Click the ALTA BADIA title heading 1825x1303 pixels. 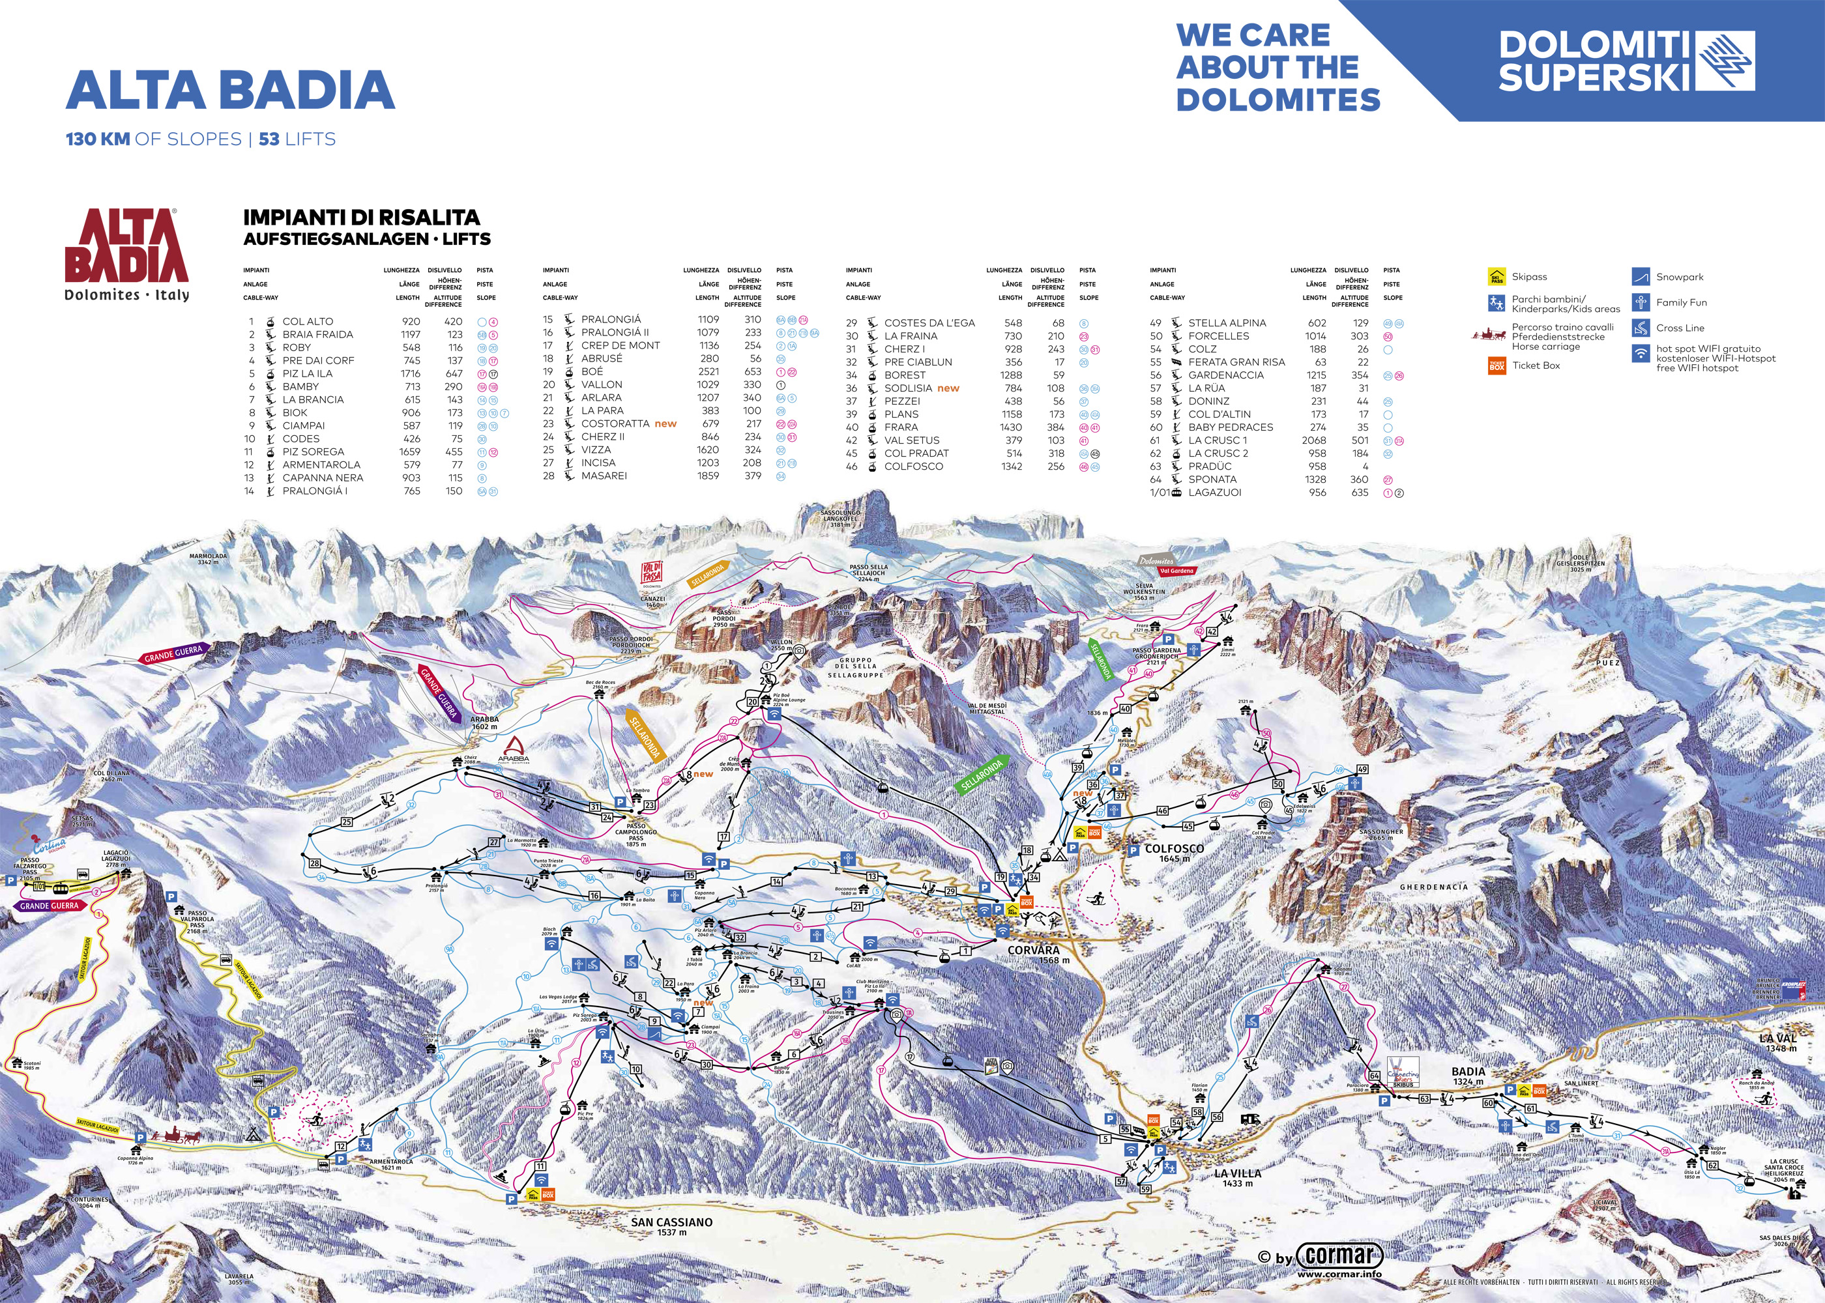[x=229, y=90]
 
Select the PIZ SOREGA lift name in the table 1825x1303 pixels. [x=313, y=451]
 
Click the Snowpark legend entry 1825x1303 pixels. [x=1679, y=277]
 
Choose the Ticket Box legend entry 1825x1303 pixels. [x=1535, y=365]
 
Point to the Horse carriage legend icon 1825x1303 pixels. [x=1488, y=333]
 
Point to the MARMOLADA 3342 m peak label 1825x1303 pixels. [x=208, y=558]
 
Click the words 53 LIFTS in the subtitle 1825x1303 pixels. [x=297, y=139]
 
